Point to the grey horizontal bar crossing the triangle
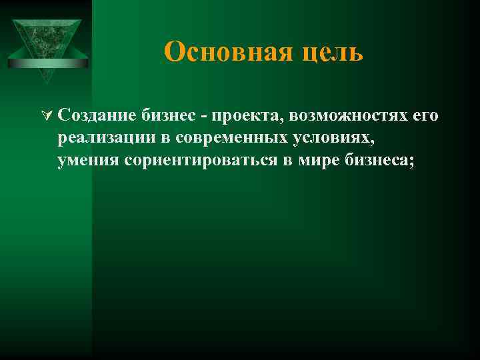(x=48, y=63)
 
